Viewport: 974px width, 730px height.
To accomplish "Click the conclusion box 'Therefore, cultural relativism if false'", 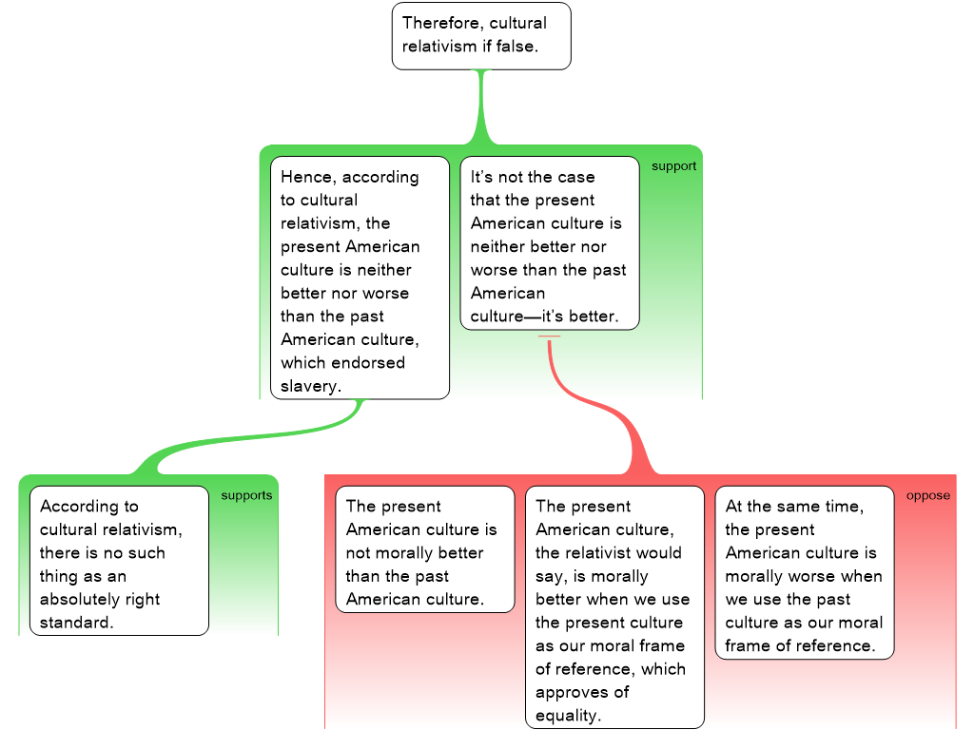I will [481, 36].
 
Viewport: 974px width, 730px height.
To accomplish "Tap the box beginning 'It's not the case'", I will [550, 243].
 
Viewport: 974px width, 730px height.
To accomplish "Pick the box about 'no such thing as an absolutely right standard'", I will [119, 561].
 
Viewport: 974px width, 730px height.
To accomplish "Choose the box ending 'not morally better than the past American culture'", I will [425, 549].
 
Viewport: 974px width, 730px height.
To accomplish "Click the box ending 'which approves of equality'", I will [615, 607].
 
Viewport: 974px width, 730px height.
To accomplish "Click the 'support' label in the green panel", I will [673, 166].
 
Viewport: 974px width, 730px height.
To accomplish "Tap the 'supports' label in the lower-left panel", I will [246, 495].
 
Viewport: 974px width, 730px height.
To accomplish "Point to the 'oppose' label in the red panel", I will [927, 495].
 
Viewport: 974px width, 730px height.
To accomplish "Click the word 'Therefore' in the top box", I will [440, 23].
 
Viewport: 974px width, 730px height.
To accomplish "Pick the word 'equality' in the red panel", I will [568, 716].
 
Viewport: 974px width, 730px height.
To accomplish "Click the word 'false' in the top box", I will [516, 47].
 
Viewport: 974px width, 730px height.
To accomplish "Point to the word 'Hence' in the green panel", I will [306, 177].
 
